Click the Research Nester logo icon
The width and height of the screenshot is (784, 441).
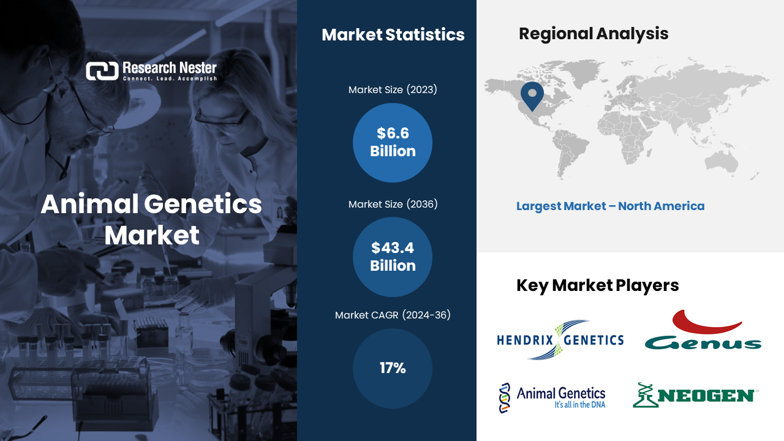[x=102, y=71]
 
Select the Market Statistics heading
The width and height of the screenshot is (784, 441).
[x=393, y=35]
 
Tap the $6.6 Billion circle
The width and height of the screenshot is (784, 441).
[x=393, y=143]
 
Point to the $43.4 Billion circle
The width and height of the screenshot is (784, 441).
[x=393, y=257]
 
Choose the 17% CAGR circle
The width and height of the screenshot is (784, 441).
[x=393, y=368]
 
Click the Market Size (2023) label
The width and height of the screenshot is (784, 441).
[x=393, y=90]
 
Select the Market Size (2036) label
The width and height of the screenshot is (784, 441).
[x=393, y=204]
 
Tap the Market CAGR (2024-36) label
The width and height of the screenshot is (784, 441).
[x=393, y=315]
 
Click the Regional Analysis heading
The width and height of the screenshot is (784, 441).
[x=593, y=34]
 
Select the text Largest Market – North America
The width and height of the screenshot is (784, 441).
[x=610, y=206]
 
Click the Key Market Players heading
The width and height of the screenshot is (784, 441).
[x=597, y=285]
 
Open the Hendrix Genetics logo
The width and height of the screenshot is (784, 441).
[x=560, y=340]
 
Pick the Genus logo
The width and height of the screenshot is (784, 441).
[x=703, y=331]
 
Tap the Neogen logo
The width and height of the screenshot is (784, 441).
[x=695, y=396]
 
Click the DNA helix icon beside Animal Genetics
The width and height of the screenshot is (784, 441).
[x=503, y=398]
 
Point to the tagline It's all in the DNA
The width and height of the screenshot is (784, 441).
[x=579, y=405]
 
